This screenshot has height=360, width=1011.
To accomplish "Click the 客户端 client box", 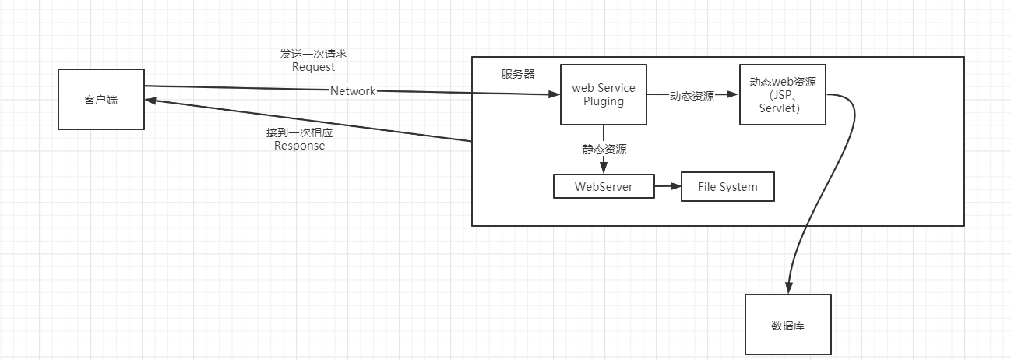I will click(x=100, y=99).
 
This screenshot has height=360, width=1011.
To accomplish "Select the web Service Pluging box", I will click(x=604, y=94).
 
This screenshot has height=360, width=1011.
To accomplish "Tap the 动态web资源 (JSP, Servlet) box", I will click(x=782, y=94).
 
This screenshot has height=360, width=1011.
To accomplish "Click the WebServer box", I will click(x=604, y=187).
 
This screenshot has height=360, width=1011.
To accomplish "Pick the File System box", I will click(x=727, y=187).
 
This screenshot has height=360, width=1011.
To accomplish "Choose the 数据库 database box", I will click(x=787, y=325).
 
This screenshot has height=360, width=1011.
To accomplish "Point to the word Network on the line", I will click(x=353, y=91).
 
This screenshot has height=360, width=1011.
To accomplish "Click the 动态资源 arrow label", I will click(x=692, y=96).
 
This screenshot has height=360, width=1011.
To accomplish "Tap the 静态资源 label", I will click(x=604, y=149).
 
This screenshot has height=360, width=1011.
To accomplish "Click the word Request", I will click(x=313, y=67).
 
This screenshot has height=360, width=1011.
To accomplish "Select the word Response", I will click(x=299, y=146).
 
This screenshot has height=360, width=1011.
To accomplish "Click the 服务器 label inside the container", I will click(x=518, y=74).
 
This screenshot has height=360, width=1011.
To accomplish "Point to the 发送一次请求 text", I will click(x=313, y=54).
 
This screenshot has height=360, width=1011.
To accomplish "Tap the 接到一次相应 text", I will click(x=299, y=132).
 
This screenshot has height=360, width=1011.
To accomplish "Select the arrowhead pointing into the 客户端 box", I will click(x=151, y=101).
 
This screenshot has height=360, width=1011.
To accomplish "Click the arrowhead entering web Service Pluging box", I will click(x=555, y=94).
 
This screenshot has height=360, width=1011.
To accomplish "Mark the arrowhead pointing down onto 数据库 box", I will click(x=789, y=288).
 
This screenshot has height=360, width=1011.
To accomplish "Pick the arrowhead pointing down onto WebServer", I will click(x=604, y=168).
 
